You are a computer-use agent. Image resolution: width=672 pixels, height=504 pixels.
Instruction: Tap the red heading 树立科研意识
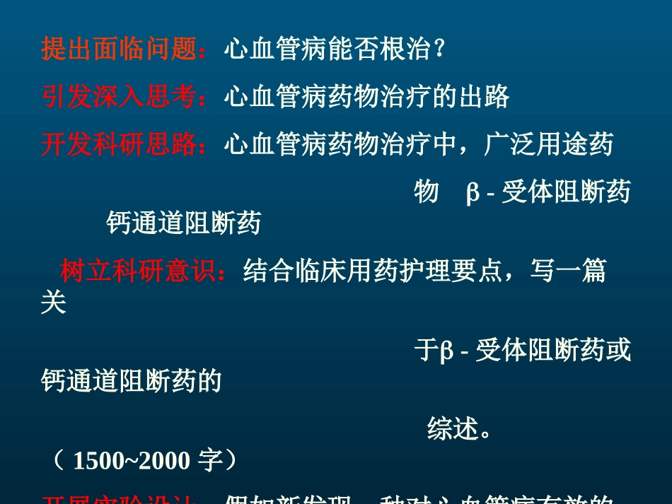click(x=138, y=271)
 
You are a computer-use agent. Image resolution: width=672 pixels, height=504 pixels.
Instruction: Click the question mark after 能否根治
click(x=440, y=49)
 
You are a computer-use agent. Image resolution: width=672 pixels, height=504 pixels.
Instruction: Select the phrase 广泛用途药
click(x=549, y=144)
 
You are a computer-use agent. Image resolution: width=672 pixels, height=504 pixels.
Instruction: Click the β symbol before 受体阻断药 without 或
click(x=473, y=192)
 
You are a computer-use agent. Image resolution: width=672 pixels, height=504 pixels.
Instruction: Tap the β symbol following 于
click(x=446, y=351)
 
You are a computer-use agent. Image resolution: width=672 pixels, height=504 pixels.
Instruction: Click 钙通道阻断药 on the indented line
click(x=184, y=223)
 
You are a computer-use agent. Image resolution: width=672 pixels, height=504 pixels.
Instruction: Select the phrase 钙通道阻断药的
click(x=132, y=381)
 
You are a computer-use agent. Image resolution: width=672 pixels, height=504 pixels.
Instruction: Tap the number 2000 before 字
click(x=164, y=461)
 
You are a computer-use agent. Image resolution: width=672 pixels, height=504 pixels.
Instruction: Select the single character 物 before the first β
click(x=427, y=192)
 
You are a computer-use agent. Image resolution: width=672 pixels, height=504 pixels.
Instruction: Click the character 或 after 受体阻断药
click(x=618, y=351)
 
